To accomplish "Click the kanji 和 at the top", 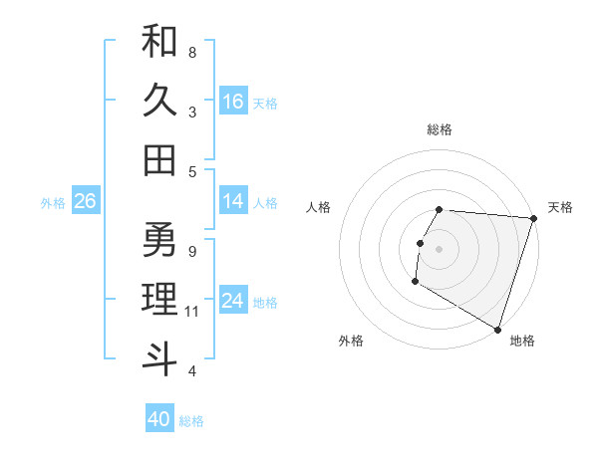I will point(159,43).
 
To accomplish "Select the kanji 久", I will point(159,101).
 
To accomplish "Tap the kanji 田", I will point(159,159).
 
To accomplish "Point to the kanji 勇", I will point(159,239).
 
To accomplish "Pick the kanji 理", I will point(159,298).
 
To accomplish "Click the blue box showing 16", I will point(233,102).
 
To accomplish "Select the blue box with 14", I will point(233,201).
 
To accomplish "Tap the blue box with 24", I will point(233,301).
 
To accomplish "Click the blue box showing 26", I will point(85,201).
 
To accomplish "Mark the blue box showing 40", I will point(159,419).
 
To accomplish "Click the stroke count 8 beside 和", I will point(192,52).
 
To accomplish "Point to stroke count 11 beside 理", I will point(192,312).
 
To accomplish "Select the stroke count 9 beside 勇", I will point(192,251).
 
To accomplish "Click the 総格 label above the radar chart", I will point(440,129).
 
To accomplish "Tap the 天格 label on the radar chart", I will point(560,207).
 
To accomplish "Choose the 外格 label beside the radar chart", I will point(351,341).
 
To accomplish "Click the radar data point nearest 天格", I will point(533,218).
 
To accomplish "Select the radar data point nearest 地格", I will point(497,329).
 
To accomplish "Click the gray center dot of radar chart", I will point(440,248).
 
